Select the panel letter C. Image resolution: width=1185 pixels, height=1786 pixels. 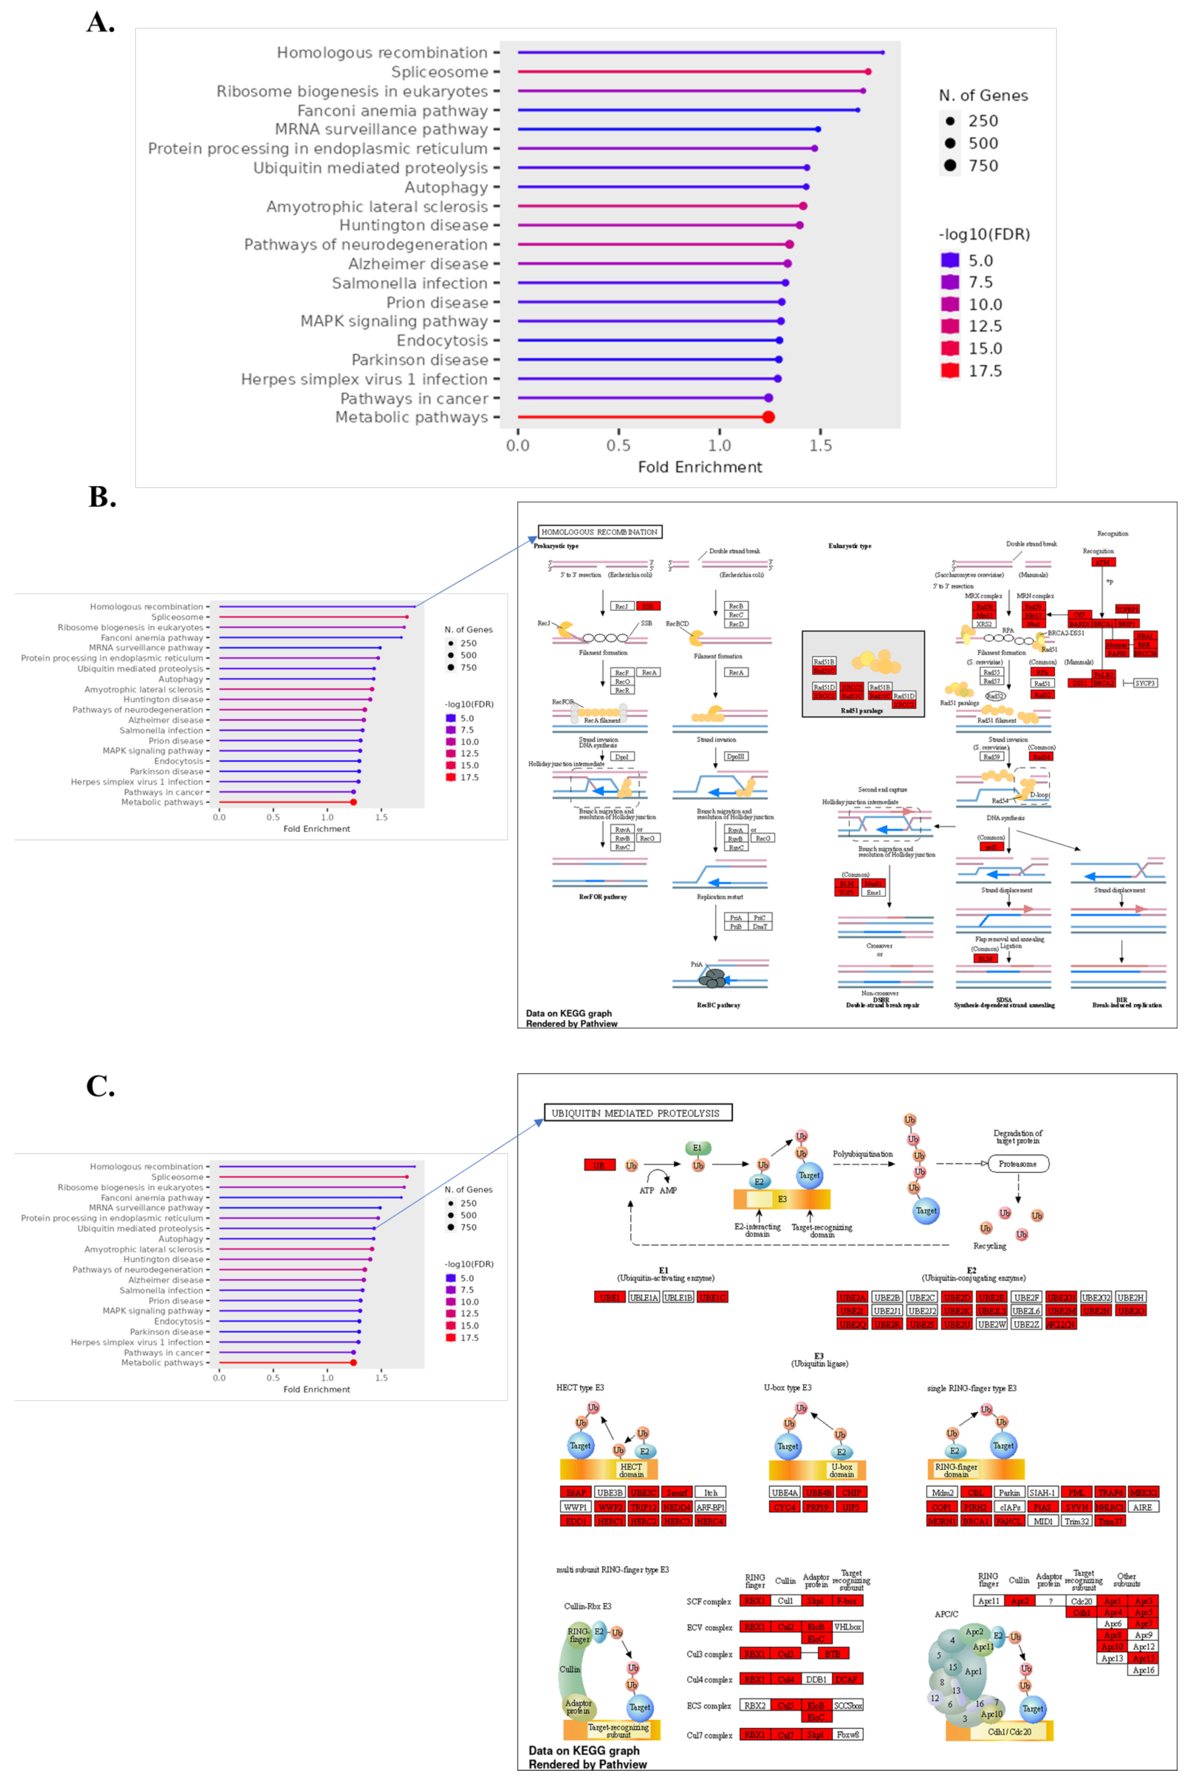101,1086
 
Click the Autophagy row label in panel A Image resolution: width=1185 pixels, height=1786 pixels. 446,187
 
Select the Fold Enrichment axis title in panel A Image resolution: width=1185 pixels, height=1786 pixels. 700,467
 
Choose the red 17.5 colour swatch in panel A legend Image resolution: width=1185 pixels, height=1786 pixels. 950,370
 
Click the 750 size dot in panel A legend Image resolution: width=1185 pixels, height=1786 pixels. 950,165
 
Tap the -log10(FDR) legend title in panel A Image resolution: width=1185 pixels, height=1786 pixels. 984,234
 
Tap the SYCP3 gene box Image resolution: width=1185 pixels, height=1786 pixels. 1145,683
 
